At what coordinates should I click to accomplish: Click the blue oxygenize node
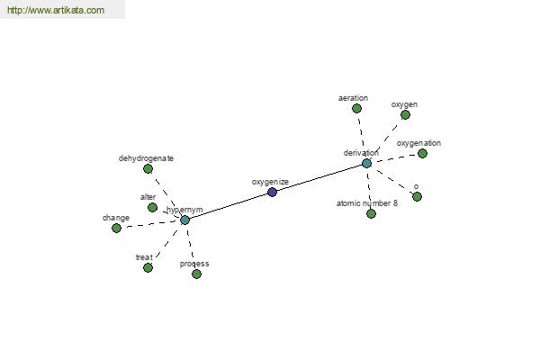pyautogui.click(x=272, y=192)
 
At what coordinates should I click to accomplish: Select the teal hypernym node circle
pyautogui.click(x=184, y=220)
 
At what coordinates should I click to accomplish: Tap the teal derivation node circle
pyautogui.click(x=367, y=163)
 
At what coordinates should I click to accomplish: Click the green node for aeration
pyautogui.click(x=356, y=109)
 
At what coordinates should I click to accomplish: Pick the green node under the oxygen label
pyautogui.click(x=405, y=115)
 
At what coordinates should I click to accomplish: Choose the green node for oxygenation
pyautogui.click(x=423, y=153)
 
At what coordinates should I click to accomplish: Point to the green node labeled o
pyautogui.click(x=417, y=197)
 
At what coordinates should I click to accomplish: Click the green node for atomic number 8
pyautogui.click(x=371, y=214)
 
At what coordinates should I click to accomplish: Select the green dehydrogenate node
pyautogui.click(x=148, y=169)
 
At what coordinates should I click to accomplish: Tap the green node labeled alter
pyautogui.click(x=153, y=207)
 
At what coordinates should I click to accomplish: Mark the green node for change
pyautogui.click(x=116, y=228)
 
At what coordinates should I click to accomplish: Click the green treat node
pyautogui.click(x=148, y=267)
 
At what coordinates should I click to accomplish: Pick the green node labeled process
pyautogui.click(x=196, y=274)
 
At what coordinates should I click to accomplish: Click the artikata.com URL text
pyautogui.click(x=56, y=10)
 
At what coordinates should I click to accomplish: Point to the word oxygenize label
pyautogui.click(x=270, y=182)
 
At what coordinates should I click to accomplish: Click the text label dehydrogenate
pyautogui.click(x=146, y=158)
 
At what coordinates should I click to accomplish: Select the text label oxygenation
pyautogui.click(x=418, y=143)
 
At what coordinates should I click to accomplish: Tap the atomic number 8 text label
pyautogui.click(x=367, y=203)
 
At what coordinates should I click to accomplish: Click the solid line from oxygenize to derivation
pyautogui.click(x=319, y=178)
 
